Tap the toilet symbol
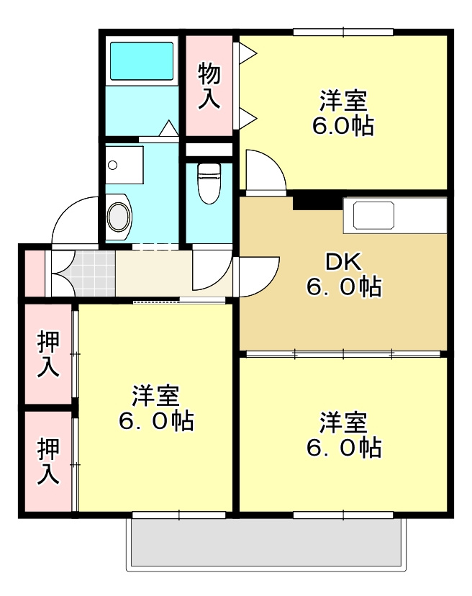(208, 181)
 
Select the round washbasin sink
(119, 215)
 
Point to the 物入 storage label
(209, 86)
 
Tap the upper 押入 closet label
(48, 354)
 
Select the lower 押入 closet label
(48, 461)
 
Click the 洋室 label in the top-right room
(343, 112)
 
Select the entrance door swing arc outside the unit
(72, 220)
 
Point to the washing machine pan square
(124, 165)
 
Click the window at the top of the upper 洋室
(343, 32)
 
